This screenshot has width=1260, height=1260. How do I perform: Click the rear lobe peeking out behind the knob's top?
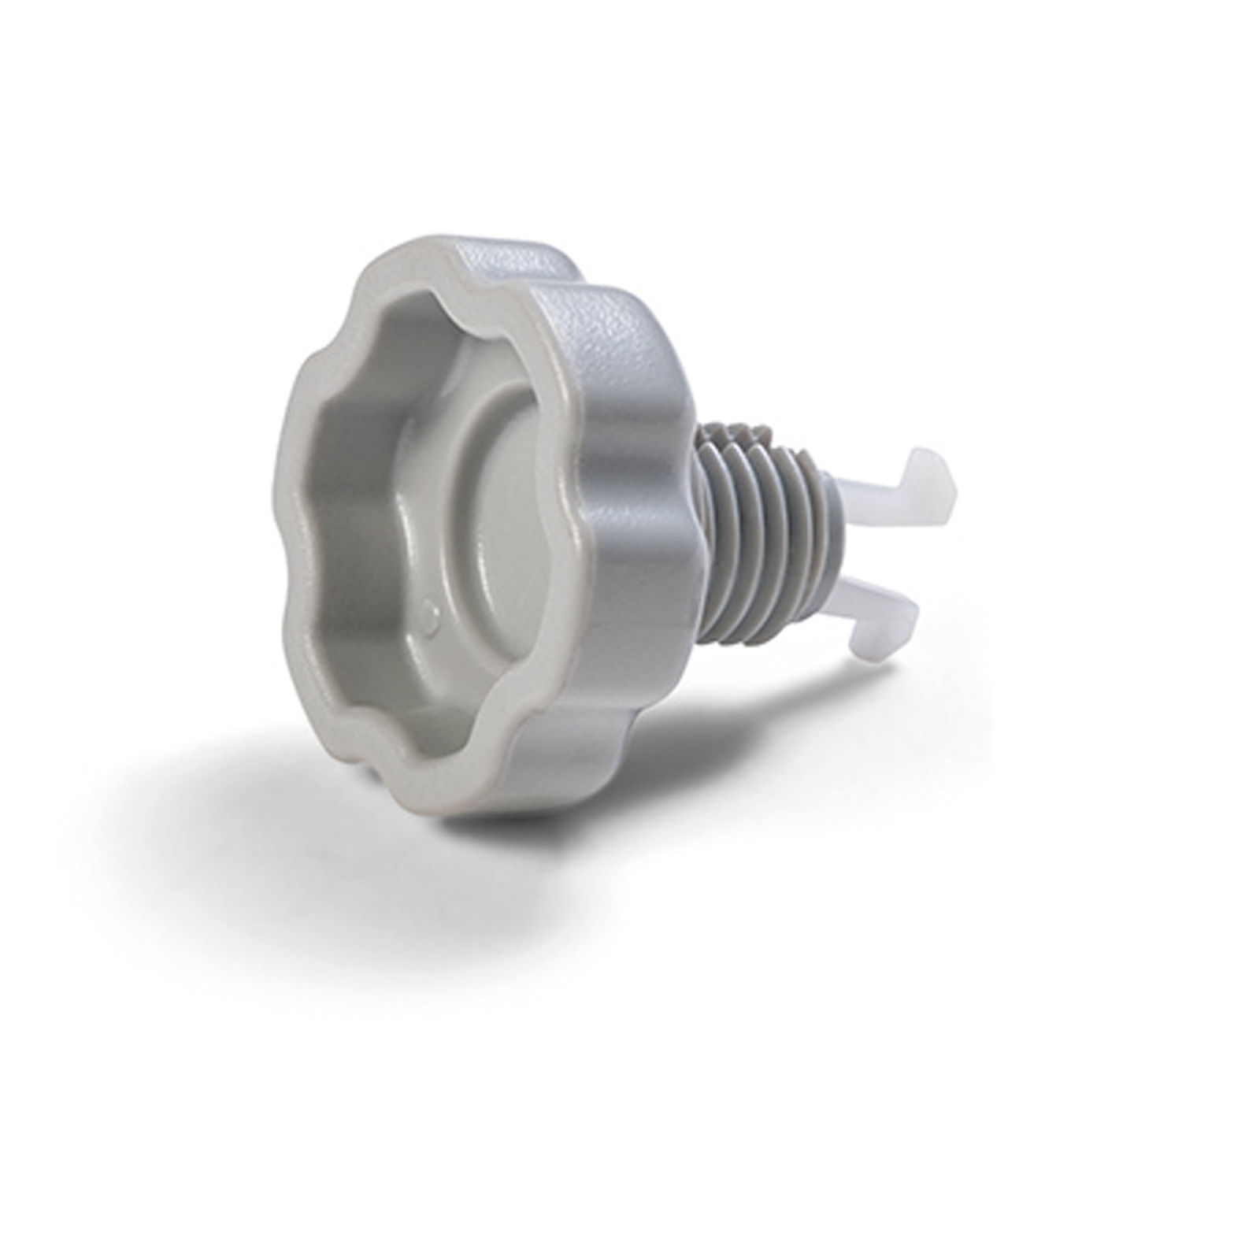point(551,260)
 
